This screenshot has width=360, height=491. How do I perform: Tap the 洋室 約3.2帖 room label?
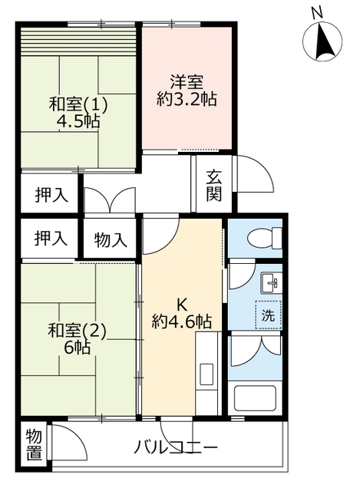[x=187, y=89]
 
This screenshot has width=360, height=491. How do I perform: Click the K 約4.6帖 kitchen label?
[x=181, y=313]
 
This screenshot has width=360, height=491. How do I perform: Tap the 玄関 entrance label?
[x=214, y=186]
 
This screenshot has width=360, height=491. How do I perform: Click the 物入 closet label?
[x=110, y=239]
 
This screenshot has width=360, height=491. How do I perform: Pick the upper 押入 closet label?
[x=51, y=195]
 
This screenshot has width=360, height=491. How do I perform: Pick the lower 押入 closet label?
[x=51, y=239]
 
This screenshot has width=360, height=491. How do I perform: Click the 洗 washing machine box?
[x=268, y=315]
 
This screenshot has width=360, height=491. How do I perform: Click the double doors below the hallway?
[x=110, y=201]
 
